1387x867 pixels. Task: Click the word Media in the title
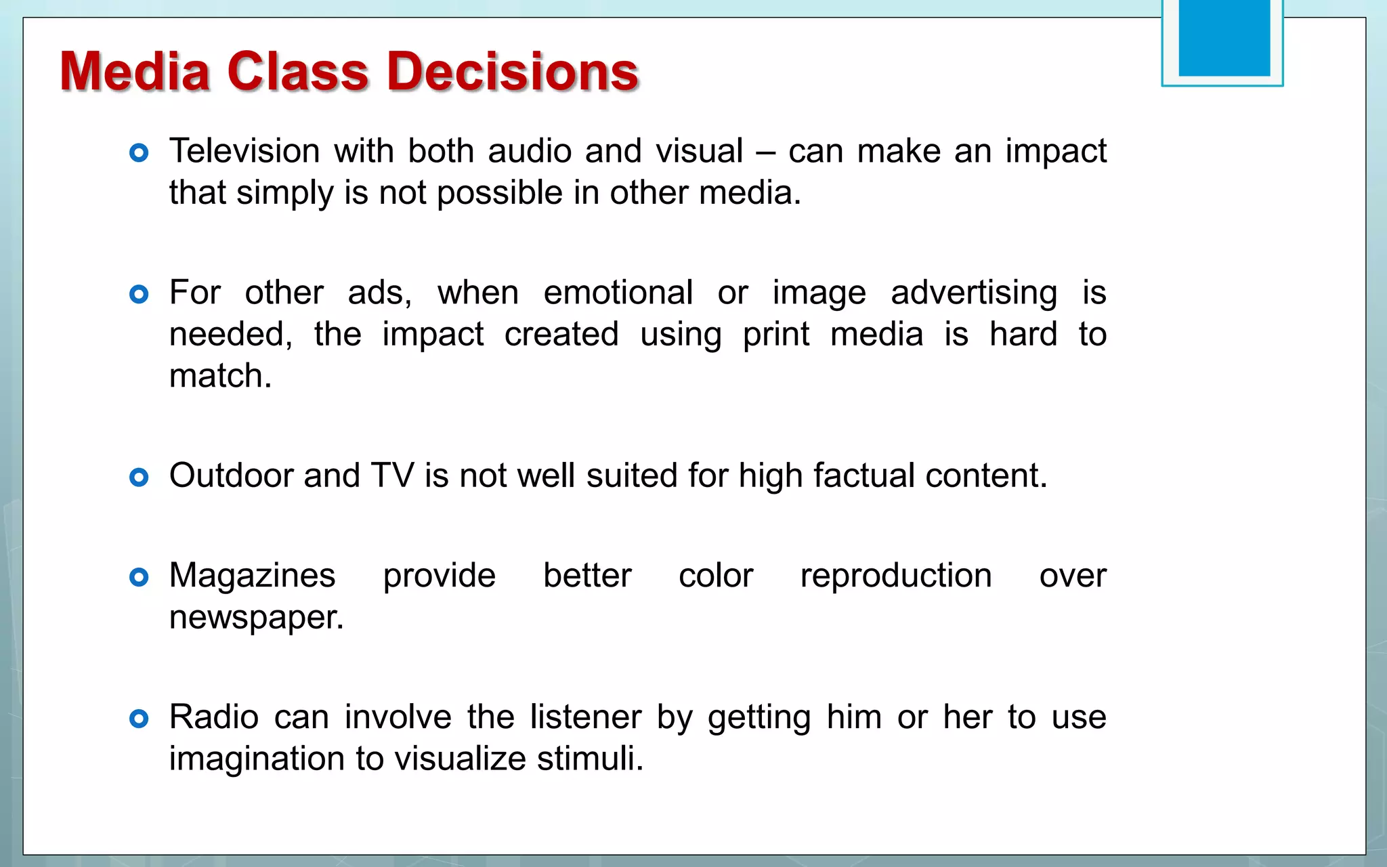point(135,72)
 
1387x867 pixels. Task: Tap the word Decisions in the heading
point(513,72)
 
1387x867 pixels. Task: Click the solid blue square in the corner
point(1224,37)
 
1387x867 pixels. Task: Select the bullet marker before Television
point(139,153)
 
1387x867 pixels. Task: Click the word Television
point(244,151)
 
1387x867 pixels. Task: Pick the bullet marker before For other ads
point(139,295)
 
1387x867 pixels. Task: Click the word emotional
point(618,293)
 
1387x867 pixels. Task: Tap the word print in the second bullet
point(775,335)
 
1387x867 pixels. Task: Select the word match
point(219,377)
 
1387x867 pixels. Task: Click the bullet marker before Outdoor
point(139,478)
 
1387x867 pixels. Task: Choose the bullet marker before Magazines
point(139,578)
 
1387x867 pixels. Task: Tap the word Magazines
point(252,576)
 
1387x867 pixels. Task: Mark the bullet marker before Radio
point(139,719)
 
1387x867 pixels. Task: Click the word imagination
point(257,759)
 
